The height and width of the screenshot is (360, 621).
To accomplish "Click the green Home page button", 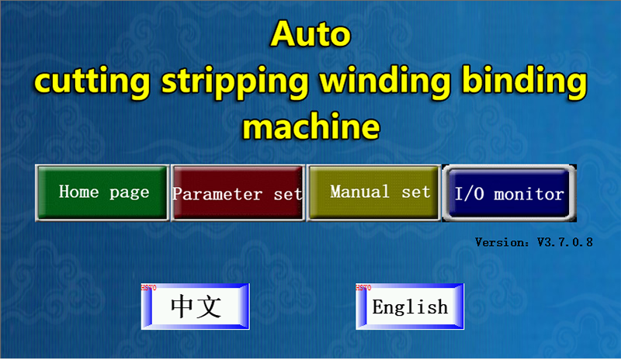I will pyautogui.click(x=102, y=192).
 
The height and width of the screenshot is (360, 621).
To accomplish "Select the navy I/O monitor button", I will pyautogui.click(x=509, y=193).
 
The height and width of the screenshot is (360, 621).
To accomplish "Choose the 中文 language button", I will pyautogui.click(x=196, y=306).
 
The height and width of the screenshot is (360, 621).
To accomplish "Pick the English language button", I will pyautogui.click(x=410, y=306).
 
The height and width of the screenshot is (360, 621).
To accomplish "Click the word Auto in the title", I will pyautogui.click(x=311, y=35).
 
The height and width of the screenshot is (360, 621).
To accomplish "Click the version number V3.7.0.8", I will pyautogui.click(x=565, y=242).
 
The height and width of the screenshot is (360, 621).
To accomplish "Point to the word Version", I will pyautogui.click(x=500, y=242).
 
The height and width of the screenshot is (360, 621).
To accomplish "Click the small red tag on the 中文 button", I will pyautogui.click(x=148, y=287).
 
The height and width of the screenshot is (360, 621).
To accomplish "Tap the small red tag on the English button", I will pyautogui.click(x=363, y=287).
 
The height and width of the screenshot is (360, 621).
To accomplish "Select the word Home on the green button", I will pyautogui.click(x=78, y=192).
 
